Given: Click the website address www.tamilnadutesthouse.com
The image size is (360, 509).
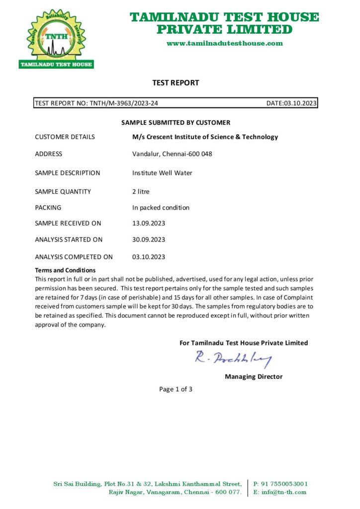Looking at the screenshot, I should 224,43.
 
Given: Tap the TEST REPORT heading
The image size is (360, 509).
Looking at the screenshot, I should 176,83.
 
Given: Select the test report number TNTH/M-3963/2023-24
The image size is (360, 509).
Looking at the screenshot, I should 124,103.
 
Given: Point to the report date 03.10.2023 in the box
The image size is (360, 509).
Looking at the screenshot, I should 299,103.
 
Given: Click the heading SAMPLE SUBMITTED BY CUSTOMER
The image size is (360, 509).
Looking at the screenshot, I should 176,122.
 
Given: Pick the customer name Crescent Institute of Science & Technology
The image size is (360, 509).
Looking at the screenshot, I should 209,137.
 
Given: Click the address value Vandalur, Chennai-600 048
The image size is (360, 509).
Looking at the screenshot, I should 172,154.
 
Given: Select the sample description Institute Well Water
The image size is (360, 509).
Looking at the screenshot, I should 162,173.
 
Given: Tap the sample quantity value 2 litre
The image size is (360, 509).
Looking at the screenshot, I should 141,191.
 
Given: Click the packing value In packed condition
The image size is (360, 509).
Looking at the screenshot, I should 161,207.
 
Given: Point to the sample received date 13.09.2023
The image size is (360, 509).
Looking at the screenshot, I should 149,223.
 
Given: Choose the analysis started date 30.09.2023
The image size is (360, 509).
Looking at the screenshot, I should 149,239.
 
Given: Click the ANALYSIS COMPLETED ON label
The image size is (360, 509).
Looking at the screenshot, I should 74,257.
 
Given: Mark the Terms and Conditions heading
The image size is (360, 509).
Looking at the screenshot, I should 65,270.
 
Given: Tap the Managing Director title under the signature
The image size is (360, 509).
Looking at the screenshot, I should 254,376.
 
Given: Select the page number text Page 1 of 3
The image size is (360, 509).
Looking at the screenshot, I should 176,389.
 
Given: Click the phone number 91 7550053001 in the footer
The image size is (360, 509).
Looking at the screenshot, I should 284,484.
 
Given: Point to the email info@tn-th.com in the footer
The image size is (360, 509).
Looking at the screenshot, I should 284,492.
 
